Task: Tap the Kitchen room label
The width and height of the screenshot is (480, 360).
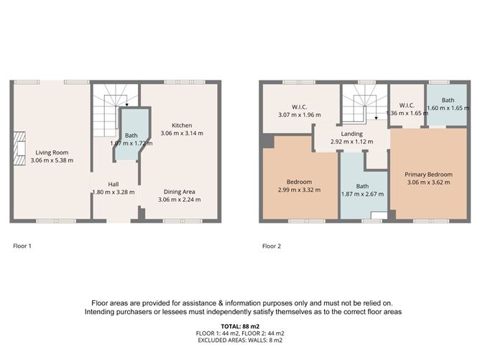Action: click(x=181, y=124)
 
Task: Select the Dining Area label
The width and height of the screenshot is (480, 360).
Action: click(x=180, y=191)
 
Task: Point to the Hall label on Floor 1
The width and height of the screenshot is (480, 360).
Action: click(x=114, y=183)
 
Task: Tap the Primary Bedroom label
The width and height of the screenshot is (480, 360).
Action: click(x=428, y=174)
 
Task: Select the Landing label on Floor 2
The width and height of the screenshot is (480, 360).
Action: click(x=352, y=134)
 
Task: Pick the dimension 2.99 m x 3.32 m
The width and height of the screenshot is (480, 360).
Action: click(x=298, y=190)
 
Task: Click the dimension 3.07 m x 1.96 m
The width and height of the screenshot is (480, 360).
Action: click(x=299, y=114)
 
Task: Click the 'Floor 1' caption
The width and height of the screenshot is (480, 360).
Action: click(x=22, y=246)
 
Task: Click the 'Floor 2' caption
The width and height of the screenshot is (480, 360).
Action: click(x=272, y=246)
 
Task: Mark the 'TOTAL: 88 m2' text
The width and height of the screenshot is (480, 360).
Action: click(x=240, y=326)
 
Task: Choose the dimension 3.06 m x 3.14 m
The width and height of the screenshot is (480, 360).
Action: click(x=181, y=133)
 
